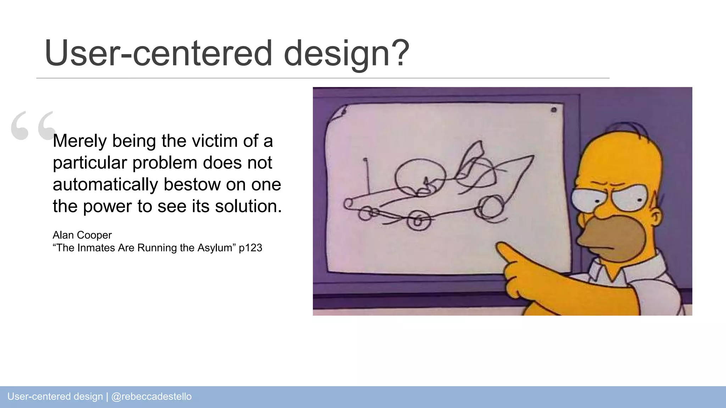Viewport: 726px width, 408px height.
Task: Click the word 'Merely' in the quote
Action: tap(79, 141)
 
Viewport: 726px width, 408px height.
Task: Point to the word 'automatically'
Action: tap(105, 185)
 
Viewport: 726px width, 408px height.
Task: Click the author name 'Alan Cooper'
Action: tap(82, 235)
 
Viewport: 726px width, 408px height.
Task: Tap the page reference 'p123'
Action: tap(250, 248)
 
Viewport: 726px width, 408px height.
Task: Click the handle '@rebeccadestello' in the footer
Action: tap(151, 396)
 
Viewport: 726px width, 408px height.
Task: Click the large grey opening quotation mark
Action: tap(33, 125)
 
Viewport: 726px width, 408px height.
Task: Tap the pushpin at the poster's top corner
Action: tap(554, 110)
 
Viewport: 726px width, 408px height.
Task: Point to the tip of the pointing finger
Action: tap(501, 247)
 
